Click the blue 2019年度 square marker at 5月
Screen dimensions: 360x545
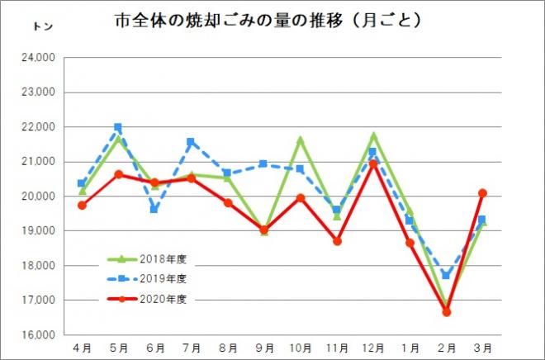click(118, 127)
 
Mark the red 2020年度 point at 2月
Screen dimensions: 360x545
click(446, 312)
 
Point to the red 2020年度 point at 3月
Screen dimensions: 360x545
click(482, 192)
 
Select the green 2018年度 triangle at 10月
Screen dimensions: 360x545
click(300, 140)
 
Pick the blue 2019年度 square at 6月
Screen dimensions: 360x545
click(154, 209)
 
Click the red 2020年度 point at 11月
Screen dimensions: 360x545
click(337, 241)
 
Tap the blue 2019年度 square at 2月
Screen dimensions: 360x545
click(446, 275)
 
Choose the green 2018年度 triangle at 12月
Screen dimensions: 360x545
click(373, 135)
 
